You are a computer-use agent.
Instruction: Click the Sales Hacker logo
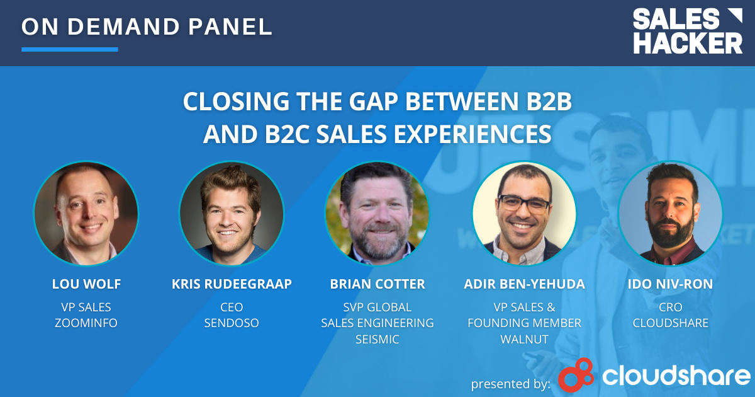pos(688,31)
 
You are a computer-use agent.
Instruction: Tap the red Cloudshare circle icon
pos(576,375)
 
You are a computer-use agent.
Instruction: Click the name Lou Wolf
pos(86,284)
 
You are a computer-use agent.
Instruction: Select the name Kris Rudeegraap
pos(232,284)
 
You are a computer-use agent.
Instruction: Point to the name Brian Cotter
pos(377,284)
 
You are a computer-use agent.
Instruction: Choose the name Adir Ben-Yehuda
pos(524,284)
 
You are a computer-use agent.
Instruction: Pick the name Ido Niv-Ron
pos(670,284)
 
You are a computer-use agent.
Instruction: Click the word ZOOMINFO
pos(86,323)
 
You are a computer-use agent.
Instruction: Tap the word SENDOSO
pos(232,323)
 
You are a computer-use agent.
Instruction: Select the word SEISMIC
pos(377,339)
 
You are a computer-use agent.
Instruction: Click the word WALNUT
pos(524,339)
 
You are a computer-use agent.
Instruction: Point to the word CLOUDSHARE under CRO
pos(670,323)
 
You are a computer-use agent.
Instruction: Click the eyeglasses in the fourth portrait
pos(524,204)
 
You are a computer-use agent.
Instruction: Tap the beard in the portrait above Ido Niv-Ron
pos(671,229)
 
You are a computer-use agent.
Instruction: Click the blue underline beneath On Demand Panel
pos(70,49)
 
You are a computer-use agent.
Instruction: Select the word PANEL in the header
pos(230,26)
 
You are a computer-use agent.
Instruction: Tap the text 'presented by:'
pos(510,384)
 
